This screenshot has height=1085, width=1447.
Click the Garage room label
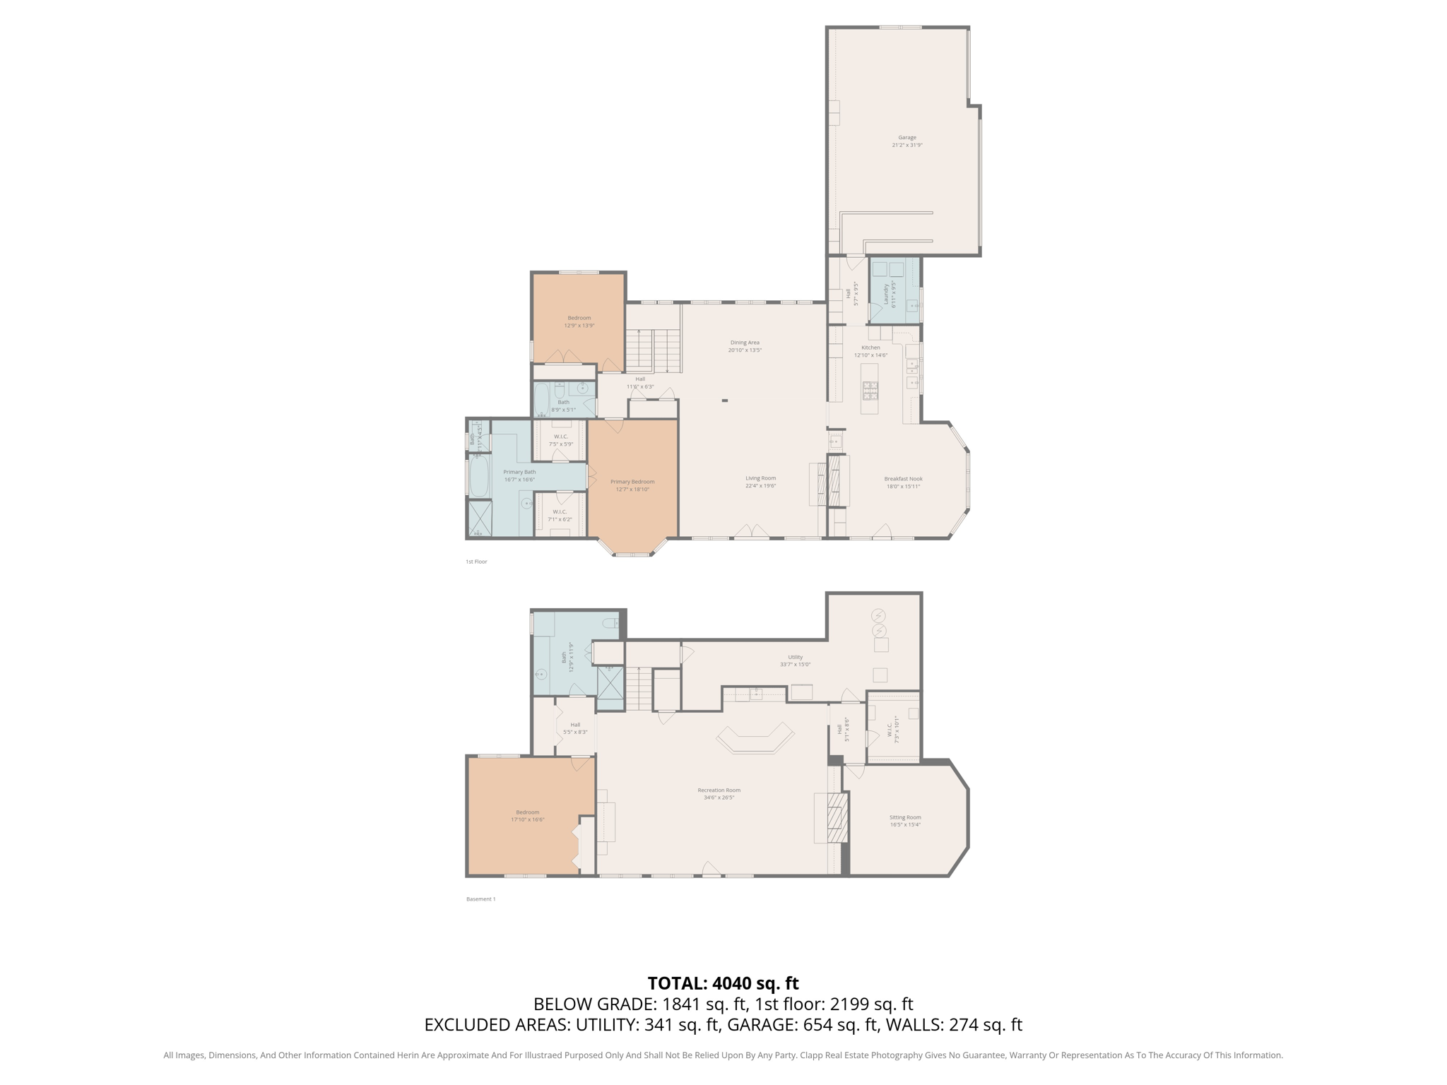point(906,138)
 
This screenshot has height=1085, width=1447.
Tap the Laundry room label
point(885,295)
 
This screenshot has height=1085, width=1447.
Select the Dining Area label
point(745,343)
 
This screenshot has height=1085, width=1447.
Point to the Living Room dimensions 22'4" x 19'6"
point(760,486)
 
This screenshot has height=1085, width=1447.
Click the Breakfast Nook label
point(903,479)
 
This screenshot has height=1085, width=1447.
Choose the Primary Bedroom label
point(632,482)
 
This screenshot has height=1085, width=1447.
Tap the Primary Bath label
point(519,472)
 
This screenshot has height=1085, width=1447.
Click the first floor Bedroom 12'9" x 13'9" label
point(579,318)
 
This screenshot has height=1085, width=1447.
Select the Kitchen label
point(870,348)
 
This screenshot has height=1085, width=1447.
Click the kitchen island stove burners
point(870,389)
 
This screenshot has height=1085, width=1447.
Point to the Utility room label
point(795,657)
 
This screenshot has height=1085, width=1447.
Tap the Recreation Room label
point(719,790)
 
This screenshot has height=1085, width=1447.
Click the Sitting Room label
point(904,817)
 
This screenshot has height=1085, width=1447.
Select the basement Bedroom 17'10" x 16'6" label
point(527,812)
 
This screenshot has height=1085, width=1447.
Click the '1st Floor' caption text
point(476,562)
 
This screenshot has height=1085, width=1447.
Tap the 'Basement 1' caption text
point(480,899)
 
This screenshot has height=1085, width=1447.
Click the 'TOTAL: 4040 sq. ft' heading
point(723,983)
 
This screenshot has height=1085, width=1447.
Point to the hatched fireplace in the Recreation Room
point(837,817)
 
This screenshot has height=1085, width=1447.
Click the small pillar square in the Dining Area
point(724,401)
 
